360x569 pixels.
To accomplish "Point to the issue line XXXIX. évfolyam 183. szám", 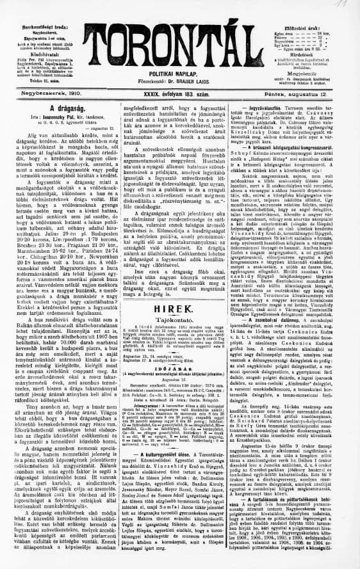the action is [181, 93].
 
